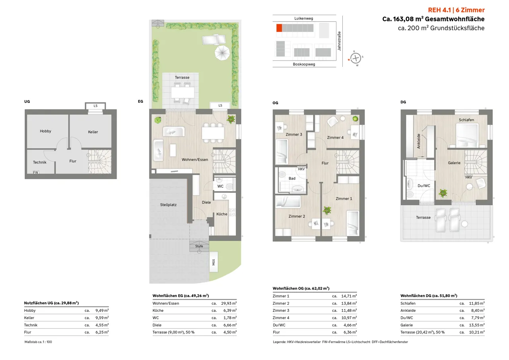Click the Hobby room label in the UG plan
tap(45, 131)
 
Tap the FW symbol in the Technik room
tap(36, 172)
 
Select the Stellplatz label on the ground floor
tap(168, 205)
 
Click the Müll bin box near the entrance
tap(214, 262)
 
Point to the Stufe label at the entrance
tap(199, 246)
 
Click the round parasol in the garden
tap(222, 53)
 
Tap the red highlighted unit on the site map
tap(279, 28)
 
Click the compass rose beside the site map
tap(356, 58)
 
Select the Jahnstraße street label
tap(339, 41)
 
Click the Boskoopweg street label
tap(304, 64)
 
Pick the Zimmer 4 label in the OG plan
tap(335, 138)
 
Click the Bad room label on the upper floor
tap(292, 179)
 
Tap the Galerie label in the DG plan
tap(454, 163)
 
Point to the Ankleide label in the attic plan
tap(419, 141)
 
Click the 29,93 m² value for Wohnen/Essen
tap(229, 304)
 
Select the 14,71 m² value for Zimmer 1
tap(349, 296)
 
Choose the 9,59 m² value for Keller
tap(102, 318)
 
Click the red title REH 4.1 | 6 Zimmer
tap(456, 10)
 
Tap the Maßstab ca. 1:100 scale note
tap(38, 342)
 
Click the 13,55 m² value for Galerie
tap(477, 325)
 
